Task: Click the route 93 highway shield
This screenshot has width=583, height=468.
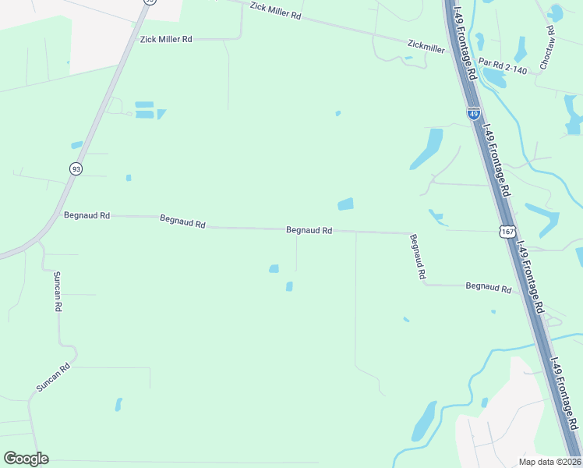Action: [x=76, y=168]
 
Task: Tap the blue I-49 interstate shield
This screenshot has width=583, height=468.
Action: [x=474, y=114]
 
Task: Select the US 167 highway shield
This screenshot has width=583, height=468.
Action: [x=507, y=232]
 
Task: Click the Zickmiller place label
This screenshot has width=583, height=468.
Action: [x=426, y=48]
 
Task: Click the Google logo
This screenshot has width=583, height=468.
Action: [x=26, y=459]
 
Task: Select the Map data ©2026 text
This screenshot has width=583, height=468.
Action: [x=549, y=462]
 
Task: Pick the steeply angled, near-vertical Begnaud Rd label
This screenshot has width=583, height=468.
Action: [x=418, y=257]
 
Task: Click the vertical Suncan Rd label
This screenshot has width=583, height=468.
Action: [x=57, y=292]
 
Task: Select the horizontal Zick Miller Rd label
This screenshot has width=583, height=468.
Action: [x=165, y=39]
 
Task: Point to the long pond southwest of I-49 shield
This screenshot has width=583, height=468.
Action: [x=426, y=148]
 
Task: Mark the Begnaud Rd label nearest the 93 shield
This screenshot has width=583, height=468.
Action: [x=87, y=214]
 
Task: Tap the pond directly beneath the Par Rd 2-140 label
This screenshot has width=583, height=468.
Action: [x=494, y=78]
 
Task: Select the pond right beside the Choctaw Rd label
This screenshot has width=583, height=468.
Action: [x=556, y=13]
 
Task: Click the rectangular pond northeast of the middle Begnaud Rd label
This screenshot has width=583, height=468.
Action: [x=345, y=204]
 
